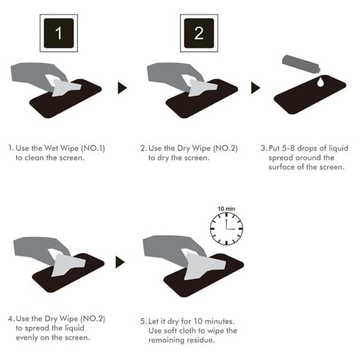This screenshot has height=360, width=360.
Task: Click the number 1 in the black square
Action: (59, 33)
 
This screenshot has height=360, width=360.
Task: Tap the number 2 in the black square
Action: (199, 33)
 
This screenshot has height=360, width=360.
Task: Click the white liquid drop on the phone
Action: (320, 82)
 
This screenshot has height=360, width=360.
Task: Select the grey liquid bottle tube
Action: (301, 64)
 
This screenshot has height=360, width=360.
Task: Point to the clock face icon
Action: (226, 229)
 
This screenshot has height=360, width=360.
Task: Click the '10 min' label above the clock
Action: (226, 209)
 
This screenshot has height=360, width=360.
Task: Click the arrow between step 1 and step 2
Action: (122, 88)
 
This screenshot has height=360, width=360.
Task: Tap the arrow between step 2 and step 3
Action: (256, 88)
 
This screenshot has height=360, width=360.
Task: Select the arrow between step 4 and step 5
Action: (120, 262)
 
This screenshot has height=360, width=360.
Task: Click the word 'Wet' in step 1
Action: (51, 148)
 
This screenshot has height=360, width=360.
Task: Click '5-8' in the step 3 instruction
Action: (288, 148)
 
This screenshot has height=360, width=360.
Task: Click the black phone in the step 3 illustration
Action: (310, 94)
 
